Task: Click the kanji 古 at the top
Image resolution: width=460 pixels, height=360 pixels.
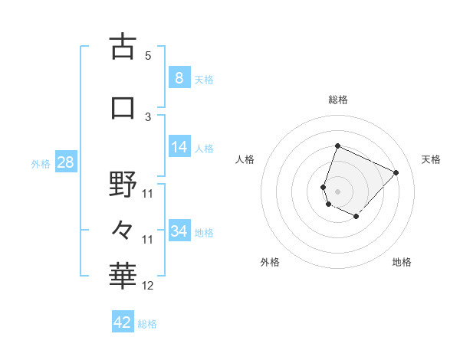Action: click(123, 47)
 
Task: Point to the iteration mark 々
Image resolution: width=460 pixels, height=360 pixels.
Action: click(123, 229)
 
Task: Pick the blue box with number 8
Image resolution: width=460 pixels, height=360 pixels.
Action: click(179, 77)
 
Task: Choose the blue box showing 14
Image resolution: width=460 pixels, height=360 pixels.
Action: click(179, 147)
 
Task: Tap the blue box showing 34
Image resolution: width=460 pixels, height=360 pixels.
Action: click(179, 231)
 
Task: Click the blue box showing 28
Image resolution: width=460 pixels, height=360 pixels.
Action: click(64, 162)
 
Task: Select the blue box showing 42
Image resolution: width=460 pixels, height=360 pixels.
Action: click(122, 322)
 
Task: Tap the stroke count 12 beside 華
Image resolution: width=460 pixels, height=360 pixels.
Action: click(148, 286)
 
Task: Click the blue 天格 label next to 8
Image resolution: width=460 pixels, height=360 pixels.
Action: click(204, 79)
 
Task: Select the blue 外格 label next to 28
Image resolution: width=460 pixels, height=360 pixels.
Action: click(41, 163)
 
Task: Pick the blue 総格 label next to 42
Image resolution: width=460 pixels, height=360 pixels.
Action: click(147, 324)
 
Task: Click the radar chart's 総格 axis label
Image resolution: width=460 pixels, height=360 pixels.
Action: click(337, 100)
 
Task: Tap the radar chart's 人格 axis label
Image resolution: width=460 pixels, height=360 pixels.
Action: click(245, 159)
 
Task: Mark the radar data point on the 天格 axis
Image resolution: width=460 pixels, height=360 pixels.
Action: click(396, 172)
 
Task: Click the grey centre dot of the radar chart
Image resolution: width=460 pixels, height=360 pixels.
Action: click(337, 191)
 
